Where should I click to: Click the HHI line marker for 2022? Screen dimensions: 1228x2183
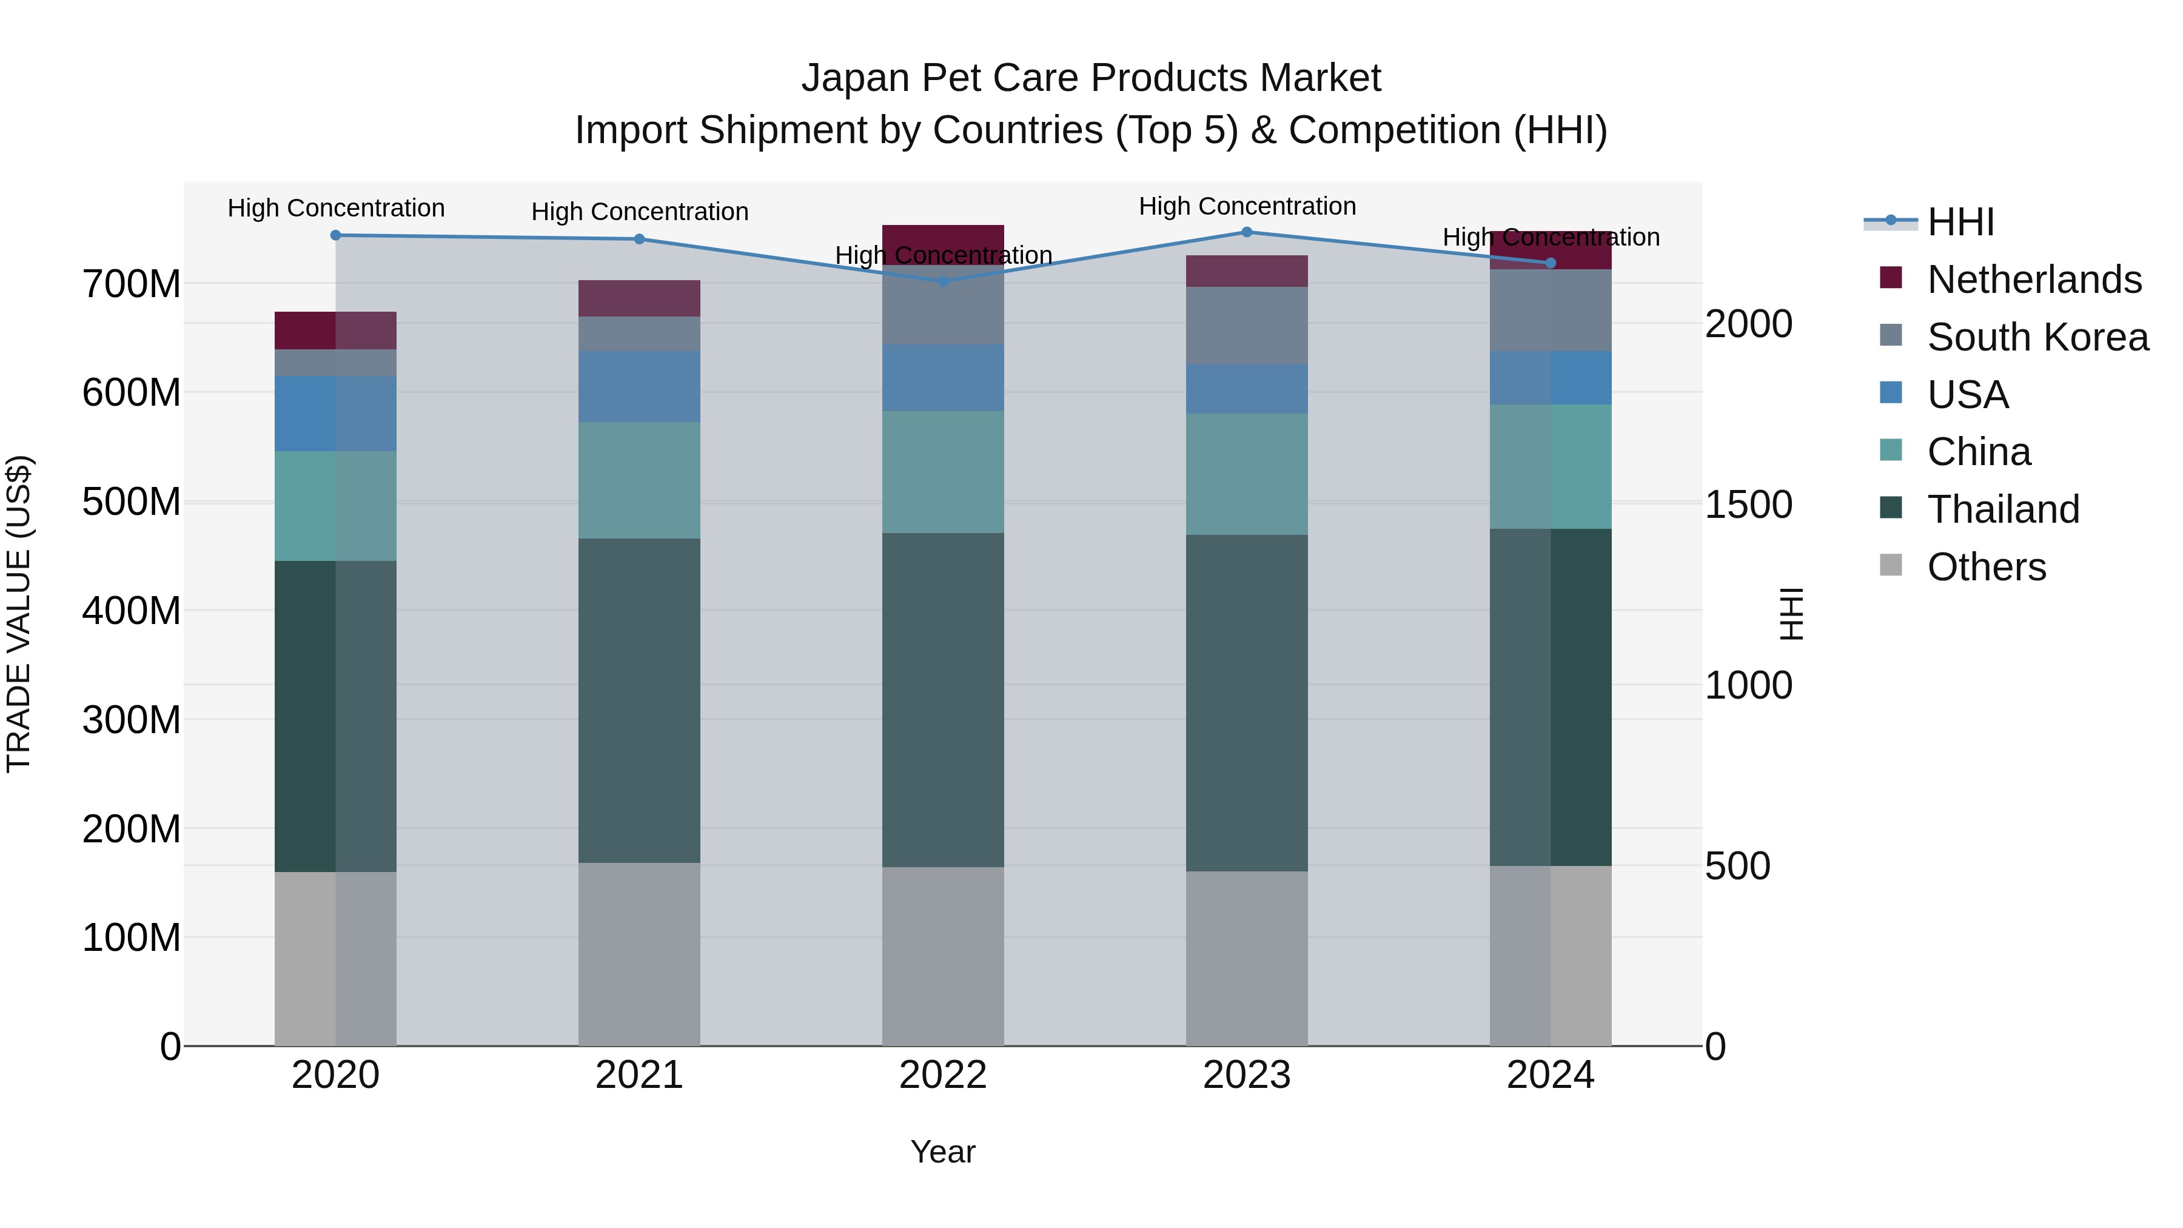(942, 281)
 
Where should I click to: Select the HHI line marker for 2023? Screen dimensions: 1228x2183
(1247, 232)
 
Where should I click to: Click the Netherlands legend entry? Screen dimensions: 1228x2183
(2034, 280)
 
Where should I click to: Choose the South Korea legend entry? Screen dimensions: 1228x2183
(2037, 337)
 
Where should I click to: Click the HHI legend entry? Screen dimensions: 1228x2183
(1960, 222)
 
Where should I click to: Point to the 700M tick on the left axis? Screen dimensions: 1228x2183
(132, 284)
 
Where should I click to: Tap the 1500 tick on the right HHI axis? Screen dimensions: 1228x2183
(1748, 505)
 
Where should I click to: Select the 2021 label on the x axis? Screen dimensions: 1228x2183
(639, 1075)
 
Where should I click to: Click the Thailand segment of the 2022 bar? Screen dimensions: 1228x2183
(942, 699)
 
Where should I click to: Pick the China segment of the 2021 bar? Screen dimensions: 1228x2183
(639, 480)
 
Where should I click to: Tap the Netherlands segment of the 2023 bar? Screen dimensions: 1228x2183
(1247, 271)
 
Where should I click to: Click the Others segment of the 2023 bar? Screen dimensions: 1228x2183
(1247, 958)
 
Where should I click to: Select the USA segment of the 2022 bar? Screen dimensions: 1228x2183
(942, 378)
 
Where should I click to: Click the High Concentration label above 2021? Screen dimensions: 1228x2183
(640, 212)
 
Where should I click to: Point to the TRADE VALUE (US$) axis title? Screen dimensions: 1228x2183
(19, 614)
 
